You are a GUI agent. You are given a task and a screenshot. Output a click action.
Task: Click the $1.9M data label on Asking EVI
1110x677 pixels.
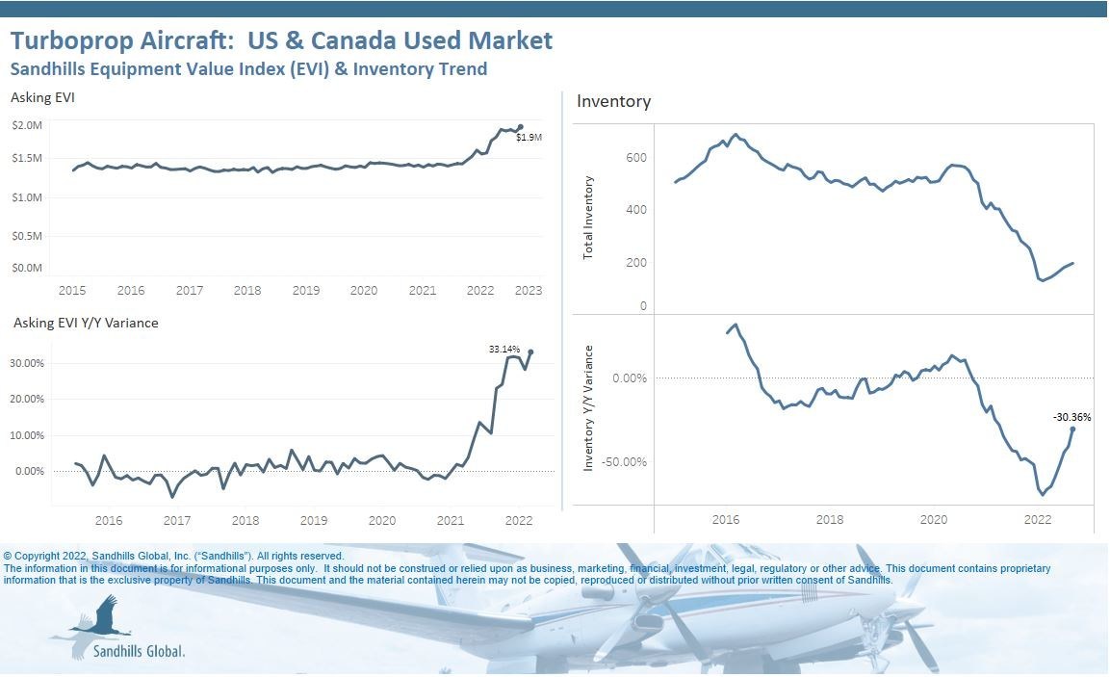click(529, 138)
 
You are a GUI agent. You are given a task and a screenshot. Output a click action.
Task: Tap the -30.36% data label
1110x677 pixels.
click(1071, 417)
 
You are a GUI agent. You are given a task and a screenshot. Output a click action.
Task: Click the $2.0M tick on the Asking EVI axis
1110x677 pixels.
click(27, 125)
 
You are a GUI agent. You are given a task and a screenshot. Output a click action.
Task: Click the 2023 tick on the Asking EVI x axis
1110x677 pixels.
click(529, 290)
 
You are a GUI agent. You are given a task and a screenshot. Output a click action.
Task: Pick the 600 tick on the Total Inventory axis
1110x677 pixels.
click(636, 158)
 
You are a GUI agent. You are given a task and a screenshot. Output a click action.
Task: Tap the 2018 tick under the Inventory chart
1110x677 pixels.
click(830, 519)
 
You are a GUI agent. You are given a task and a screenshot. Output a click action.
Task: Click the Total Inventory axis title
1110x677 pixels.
click(588, 217)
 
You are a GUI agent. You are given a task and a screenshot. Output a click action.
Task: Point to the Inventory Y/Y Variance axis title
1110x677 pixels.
click(588, 408)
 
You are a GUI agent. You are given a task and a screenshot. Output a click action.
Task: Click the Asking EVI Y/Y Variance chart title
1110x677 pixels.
click(86, 323)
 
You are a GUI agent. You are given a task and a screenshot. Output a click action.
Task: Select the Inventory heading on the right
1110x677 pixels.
click(613, 101)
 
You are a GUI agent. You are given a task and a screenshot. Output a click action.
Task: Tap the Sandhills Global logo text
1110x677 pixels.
click(139, 650)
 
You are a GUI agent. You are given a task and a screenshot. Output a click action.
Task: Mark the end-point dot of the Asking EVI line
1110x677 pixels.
click(521, 127)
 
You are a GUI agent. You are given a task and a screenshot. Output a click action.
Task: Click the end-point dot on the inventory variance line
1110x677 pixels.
click(1072, 430)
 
